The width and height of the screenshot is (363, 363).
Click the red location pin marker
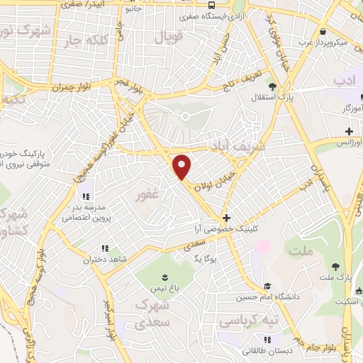pyautogui.click(x=183, y=167)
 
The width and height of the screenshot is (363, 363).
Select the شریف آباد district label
pyautogui.click(x=236, y=145)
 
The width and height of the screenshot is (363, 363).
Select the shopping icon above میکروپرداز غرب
pyautogui.click(x=323, y=31)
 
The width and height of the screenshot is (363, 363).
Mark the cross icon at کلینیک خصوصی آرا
pyautogui.click(x=226, y=218)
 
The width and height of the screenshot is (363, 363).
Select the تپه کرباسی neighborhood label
pyautogui.click(x=249, y=321)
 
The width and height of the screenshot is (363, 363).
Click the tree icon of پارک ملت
pyautogui.click(x=335, y=266)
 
